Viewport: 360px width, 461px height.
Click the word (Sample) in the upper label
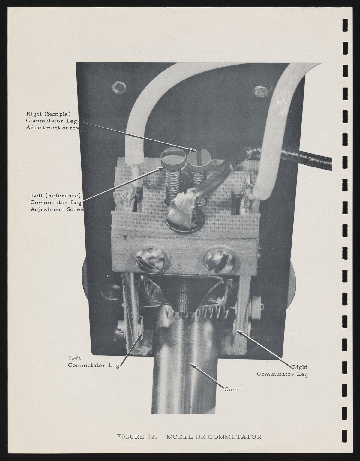pos(58,114)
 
